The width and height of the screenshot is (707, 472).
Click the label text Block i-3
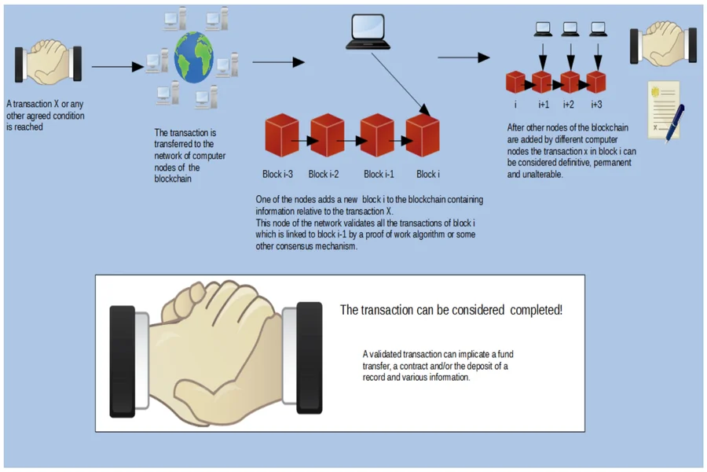278,174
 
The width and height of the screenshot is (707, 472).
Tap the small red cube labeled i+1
542,82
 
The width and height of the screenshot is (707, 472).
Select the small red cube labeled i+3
596,82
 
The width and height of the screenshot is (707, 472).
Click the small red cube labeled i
515,82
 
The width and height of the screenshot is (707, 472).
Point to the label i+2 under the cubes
569,104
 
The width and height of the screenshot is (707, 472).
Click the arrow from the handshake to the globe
118,68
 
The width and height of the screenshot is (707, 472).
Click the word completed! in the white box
537,310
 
